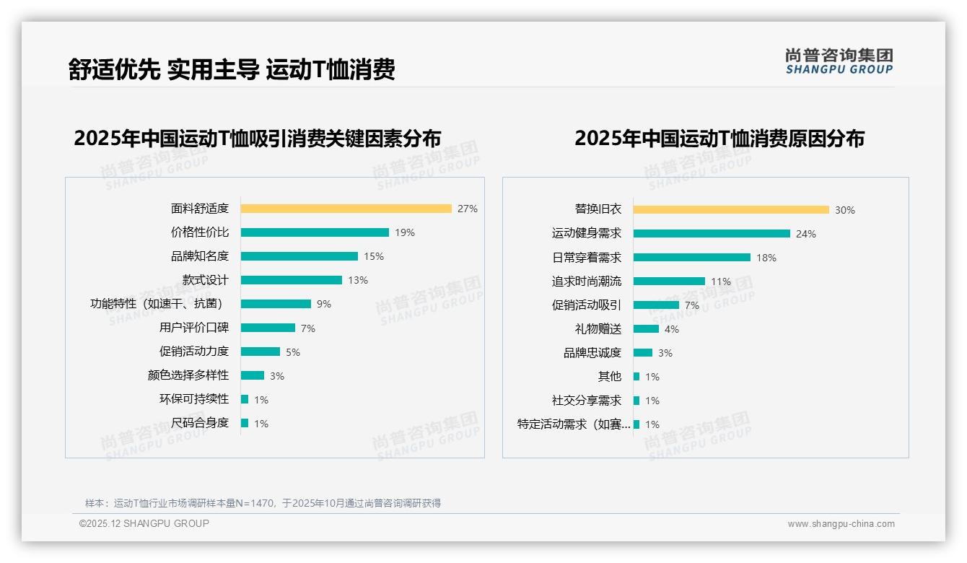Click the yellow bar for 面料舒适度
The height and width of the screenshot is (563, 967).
coord(346,209)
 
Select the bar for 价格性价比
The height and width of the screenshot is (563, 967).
coord(315,232)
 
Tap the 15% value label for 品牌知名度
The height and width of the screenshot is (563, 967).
coord(374,256)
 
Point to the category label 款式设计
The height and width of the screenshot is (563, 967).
coord(205,280)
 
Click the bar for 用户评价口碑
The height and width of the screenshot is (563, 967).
coord(268,328)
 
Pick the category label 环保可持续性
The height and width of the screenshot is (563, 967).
coord(193,399)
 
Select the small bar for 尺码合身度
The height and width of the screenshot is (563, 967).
coord(245,423)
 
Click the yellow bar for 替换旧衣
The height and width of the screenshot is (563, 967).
coord(731,210)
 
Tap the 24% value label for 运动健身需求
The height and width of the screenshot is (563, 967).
coord(806,234)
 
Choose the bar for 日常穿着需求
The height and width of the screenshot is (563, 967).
coord(692,258)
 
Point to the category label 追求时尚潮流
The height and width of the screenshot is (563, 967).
coord(586,281)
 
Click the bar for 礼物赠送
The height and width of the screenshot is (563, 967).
coord(646,329)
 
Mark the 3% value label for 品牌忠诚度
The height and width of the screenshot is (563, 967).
coord(665,353)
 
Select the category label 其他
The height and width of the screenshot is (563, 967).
coord(609,377)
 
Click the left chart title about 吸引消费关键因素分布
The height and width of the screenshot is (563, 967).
coord(257,138)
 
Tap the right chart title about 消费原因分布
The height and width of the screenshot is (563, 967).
coord(719,138)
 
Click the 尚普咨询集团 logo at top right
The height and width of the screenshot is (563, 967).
coord(839,61)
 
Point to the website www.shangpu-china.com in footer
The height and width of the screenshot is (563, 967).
coord(841,524)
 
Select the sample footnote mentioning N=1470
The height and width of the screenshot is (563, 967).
coord(263,503)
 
